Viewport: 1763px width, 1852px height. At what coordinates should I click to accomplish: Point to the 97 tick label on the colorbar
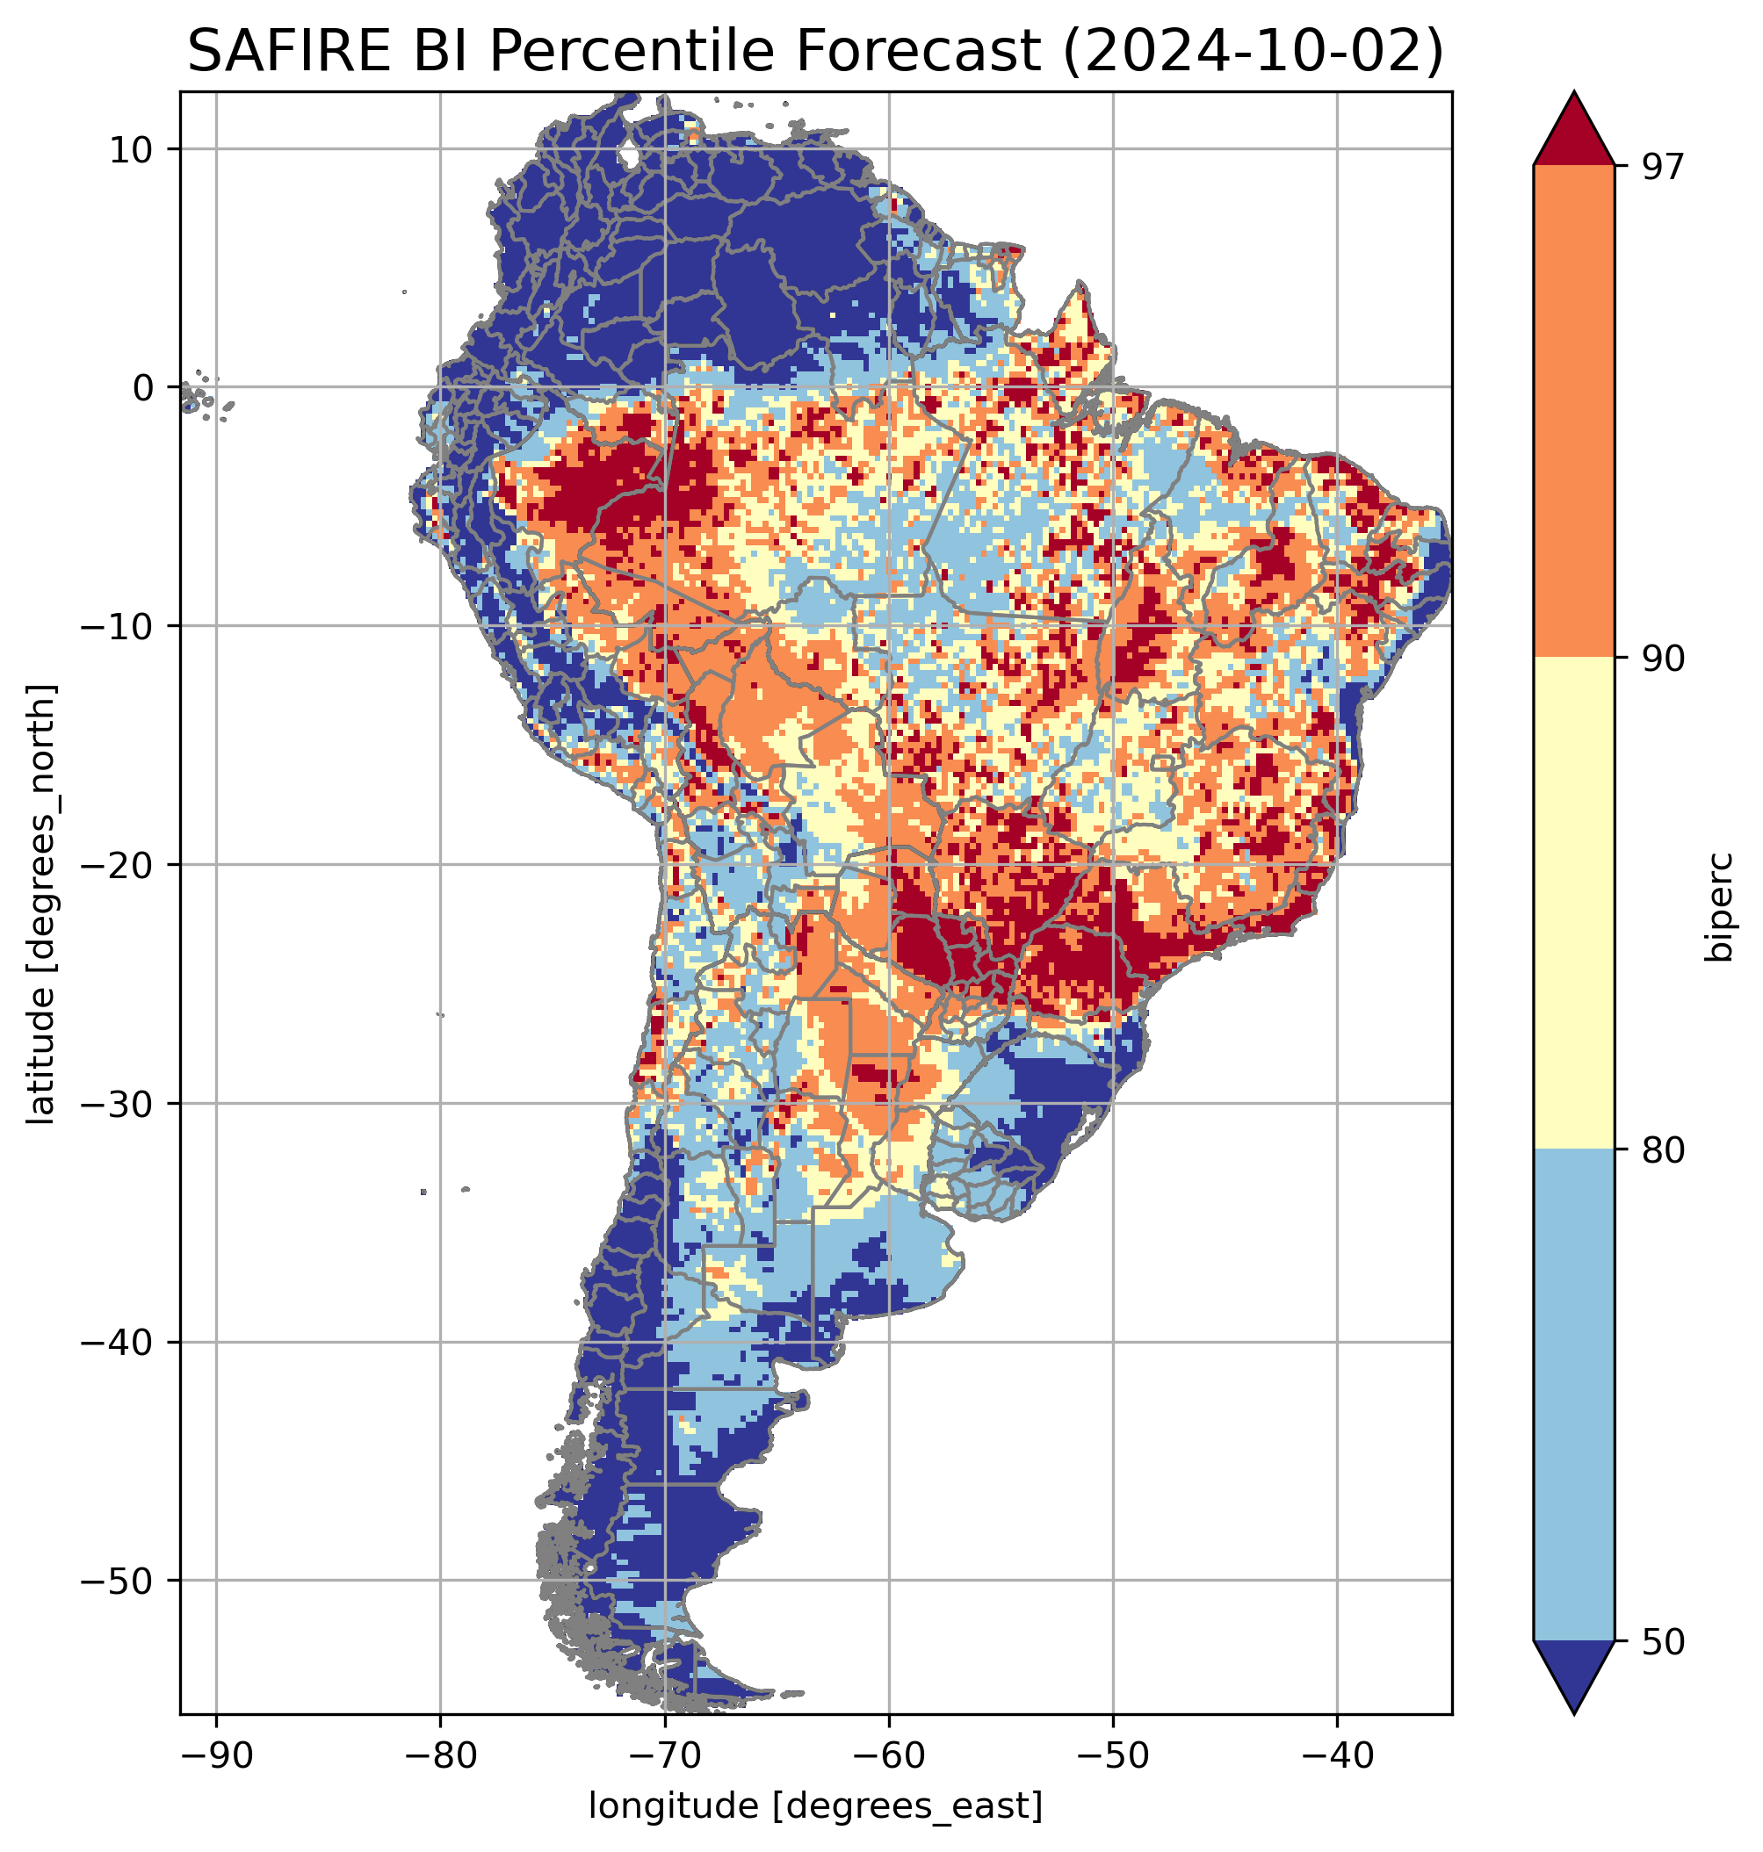[x=1663, y=166]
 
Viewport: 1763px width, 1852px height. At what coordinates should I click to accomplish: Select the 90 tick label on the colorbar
[x=1663, y=659]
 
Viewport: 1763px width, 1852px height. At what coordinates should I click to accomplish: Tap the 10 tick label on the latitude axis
[x=132, y=149]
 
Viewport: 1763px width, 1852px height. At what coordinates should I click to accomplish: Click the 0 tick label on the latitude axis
[x=143, y=388]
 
